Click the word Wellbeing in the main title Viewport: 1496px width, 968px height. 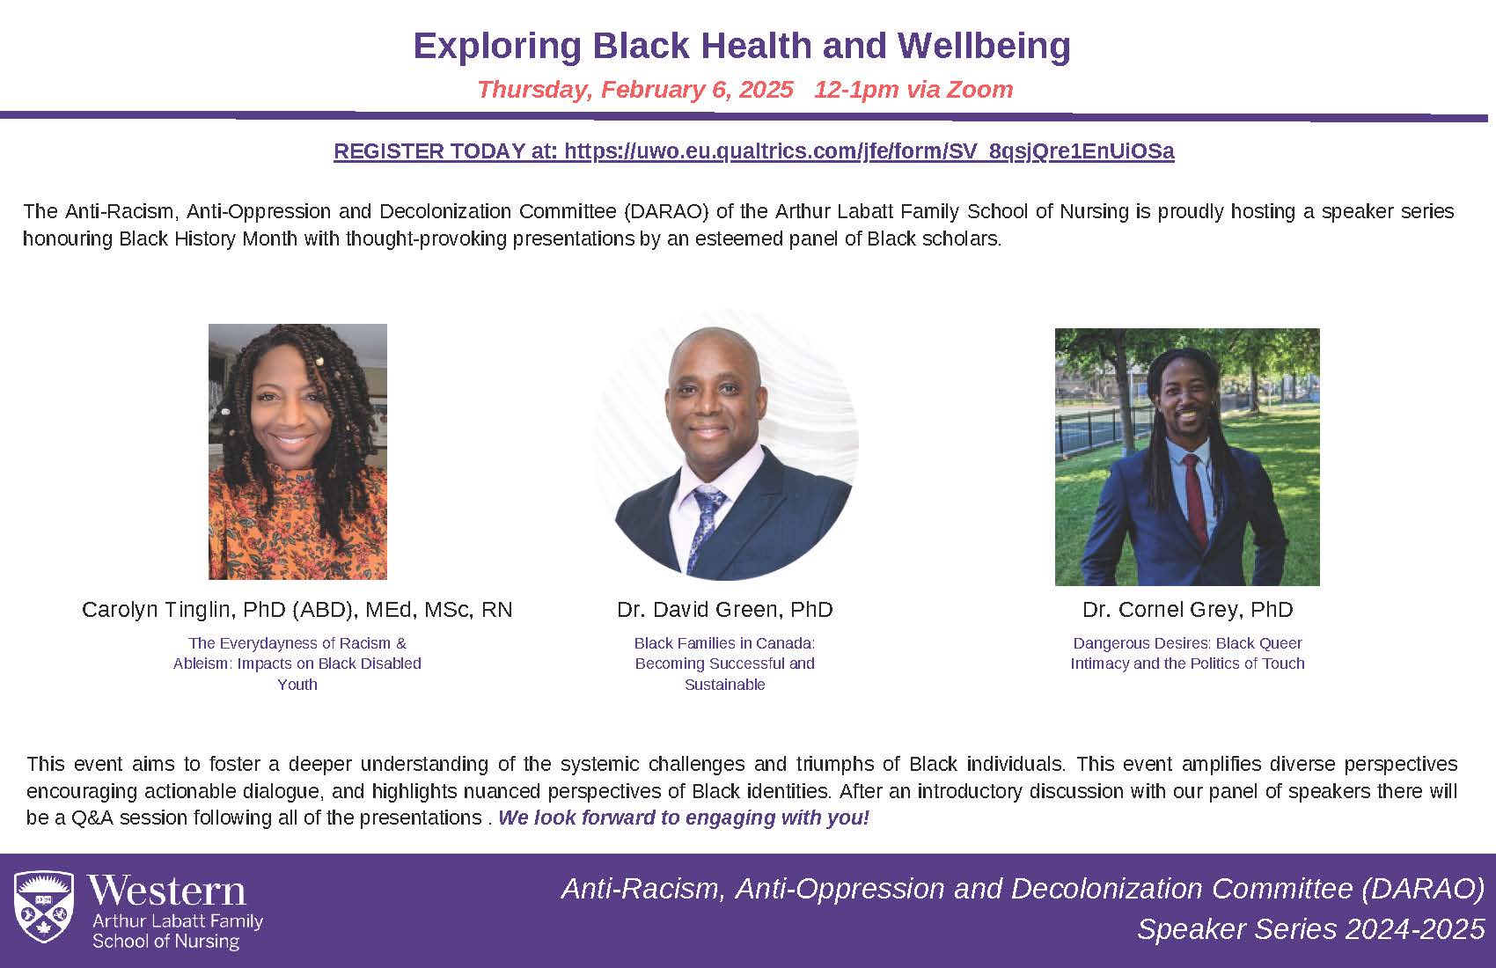click(x=984, y=46)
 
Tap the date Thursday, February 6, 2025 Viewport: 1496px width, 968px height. click(x=635, y=90)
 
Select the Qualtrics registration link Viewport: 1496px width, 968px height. click(x=869, y=151)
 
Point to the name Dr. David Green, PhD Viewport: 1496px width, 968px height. click(x=724, y=609)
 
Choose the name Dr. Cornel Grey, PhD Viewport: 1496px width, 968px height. click(x=1187, y=609)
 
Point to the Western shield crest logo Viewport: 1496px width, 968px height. click(x=44, y=906)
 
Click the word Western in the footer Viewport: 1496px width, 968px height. click(x=167, y=891)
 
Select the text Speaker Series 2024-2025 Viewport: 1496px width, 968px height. click(x=1311, y=929)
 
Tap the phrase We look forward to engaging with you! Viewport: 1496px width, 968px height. click(x=684, y=818)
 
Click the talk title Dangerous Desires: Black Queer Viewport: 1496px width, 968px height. click(x=1187, y=643)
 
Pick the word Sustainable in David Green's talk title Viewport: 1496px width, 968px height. click(x=724, y=685)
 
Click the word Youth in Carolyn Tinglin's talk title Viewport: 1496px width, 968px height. click(x=297, y=685)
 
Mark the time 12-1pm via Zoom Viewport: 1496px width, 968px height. click(x=913, y=90)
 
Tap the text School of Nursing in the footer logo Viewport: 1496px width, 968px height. click(x=165, y=942)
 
